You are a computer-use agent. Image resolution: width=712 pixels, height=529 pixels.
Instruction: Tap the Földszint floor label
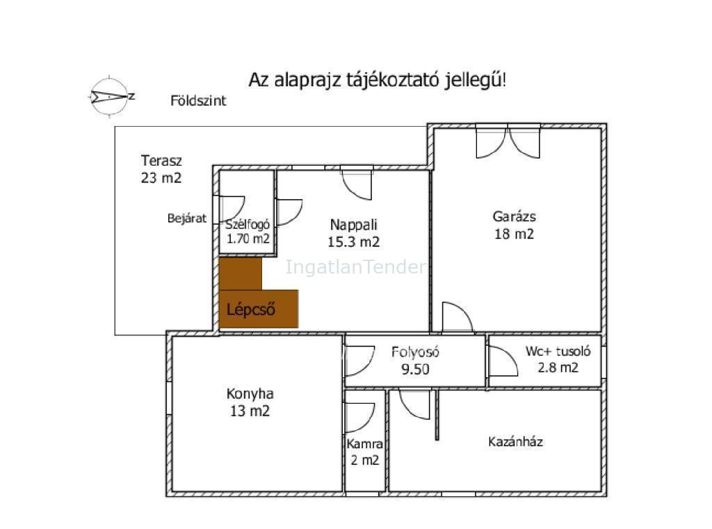pyautogui.click(x=198, y=100)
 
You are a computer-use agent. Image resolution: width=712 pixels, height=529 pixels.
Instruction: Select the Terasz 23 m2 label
pyautogui.click(x=161, y=169)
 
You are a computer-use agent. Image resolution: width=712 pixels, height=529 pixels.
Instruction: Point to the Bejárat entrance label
pyautogui.click(x=186, y=218)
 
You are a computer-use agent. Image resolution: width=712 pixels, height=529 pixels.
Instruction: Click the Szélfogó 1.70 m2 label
pyautogui.click(x=248, y=231)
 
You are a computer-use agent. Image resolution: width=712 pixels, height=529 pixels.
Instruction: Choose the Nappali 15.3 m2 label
pyautogui.click(x=353, y=233)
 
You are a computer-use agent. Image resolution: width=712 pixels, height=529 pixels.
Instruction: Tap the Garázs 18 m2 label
pyautogui.click(x=514, y=225)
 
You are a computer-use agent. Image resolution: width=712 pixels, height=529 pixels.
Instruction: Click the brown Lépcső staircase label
pyautogui.click(x=250, y=310)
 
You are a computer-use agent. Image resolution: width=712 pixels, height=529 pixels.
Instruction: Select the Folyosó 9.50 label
pyautogui.click(x=415, y=361)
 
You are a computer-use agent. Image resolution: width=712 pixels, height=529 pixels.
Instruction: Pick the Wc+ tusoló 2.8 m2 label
pyautogui.click(x=558, y=359)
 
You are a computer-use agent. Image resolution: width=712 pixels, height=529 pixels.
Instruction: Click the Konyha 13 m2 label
pyautogui.click(x=250, y=402)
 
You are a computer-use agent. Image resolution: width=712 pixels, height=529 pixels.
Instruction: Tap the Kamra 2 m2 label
pyautogui.click(x=364, y=452)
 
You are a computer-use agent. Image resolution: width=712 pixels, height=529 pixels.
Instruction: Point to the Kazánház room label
pyautogui.click(x=515, y=441)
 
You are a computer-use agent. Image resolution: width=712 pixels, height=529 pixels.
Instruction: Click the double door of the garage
pyautogui.click(x=508, y=142)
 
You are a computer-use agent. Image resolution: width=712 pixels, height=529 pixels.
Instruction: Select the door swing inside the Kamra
pyautogui.click(x=360, y=418)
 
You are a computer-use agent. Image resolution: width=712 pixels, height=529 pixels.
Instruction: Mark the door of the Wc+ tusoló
pyautogui.click(x=503, y=361)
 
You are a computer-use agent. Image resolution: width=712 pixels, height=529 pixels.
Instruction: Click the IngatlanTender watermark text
pyautogui.click(x=356, y=267)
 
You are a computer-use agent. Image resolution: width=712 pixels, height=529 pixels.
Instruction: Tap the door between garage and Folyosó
pyautogui.click(x=458, y=317)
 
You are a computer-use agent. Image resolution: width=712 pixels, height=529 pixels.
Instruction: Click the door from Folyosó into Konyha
pyautogui.click(x=360, y=361)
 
